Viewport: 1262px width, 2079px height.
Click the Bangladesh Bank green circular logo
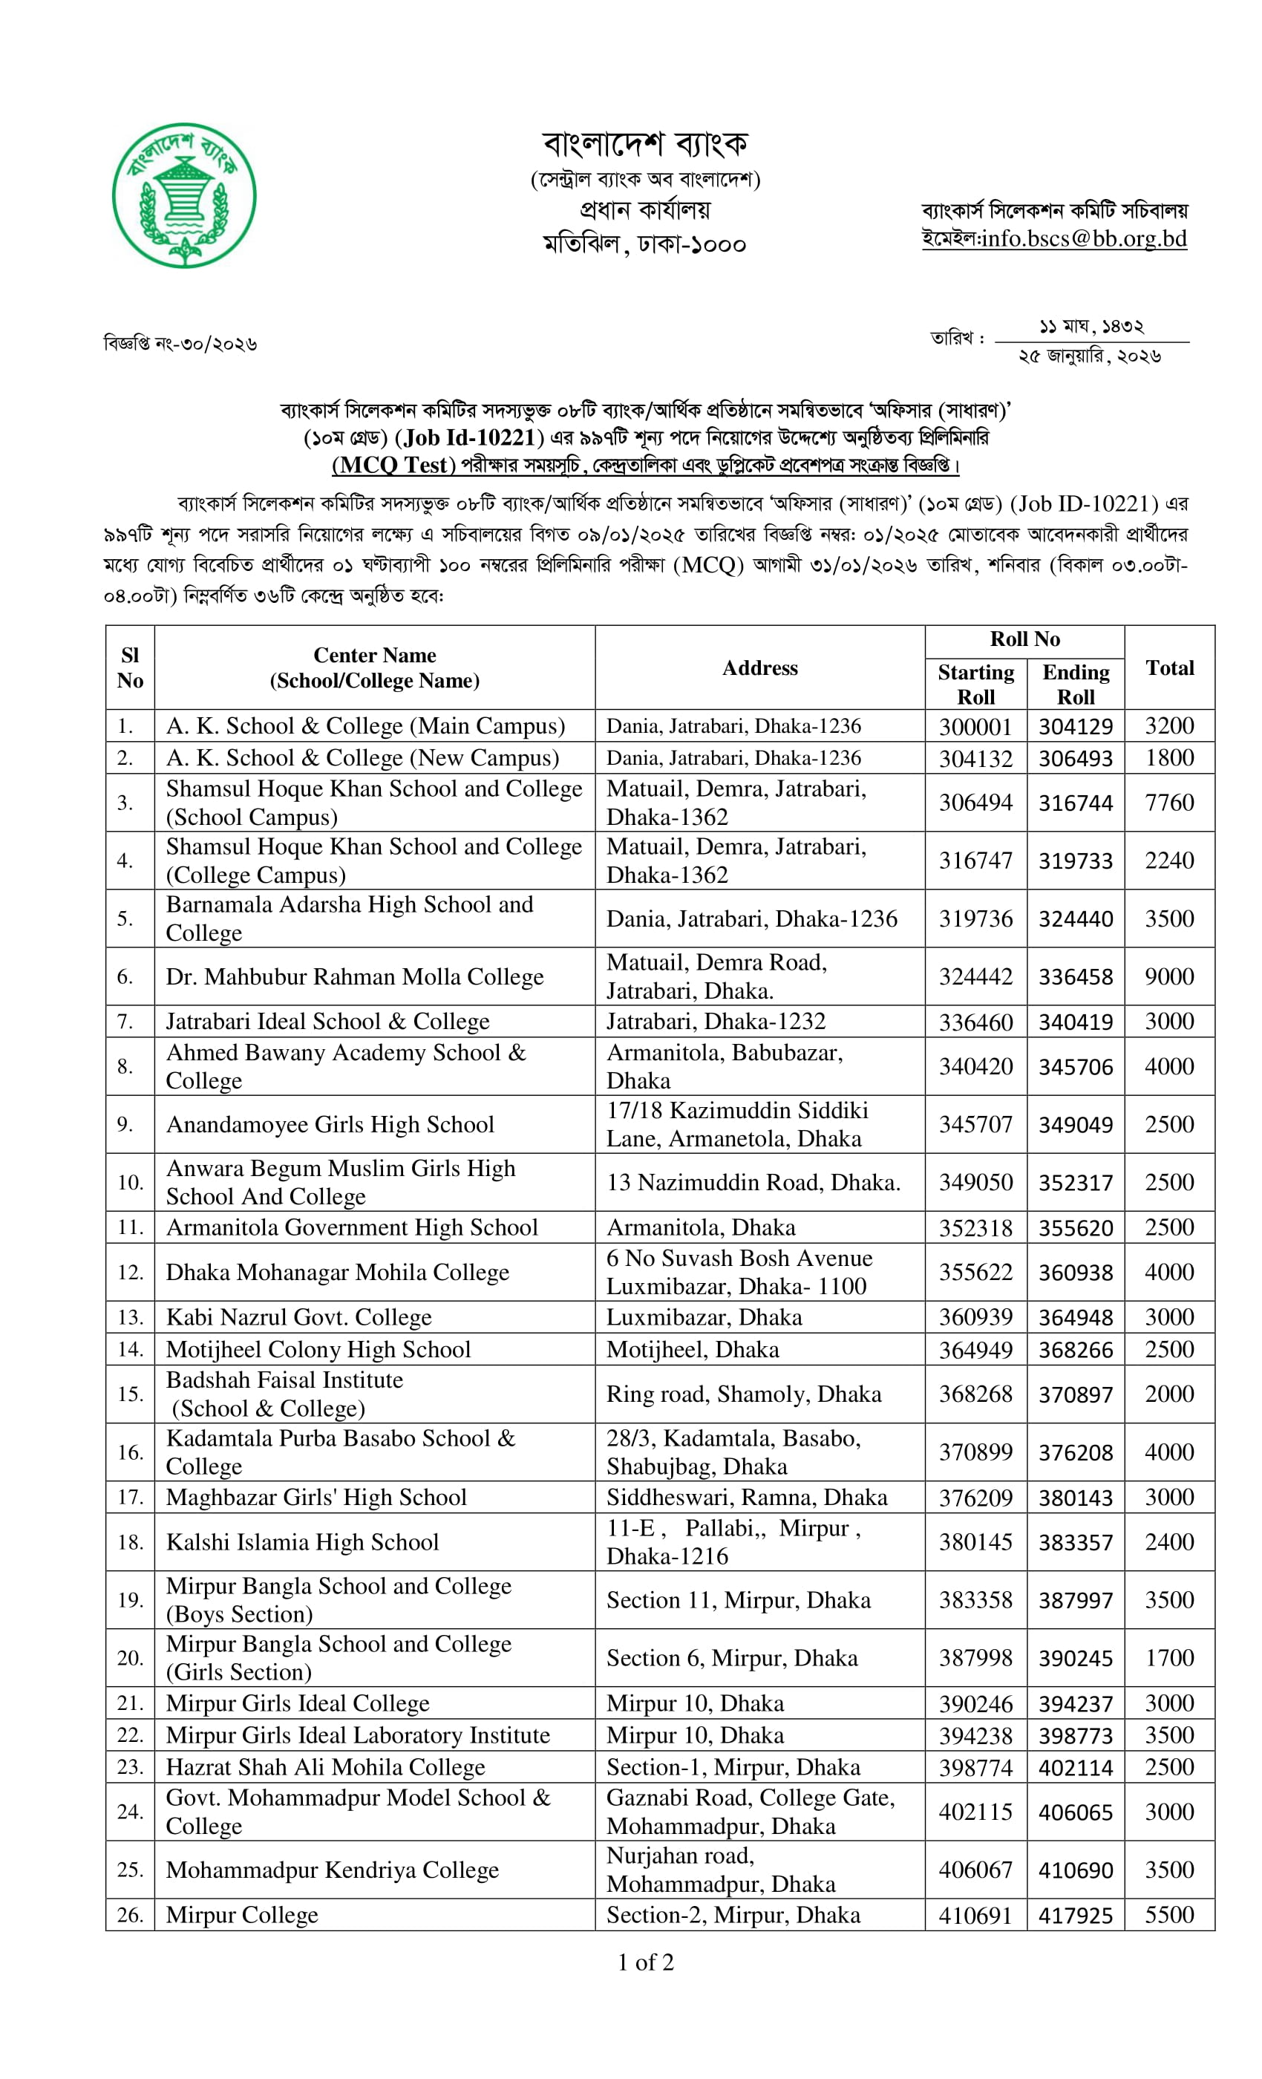[x=184, y=196]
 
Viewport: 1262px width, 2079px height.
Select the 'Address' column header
[x=759, y=668]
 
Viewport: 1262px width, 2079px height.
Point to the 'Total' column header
[x=1169, y=668]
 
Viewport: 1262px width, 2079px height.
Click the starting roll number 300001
[x=975, y=726]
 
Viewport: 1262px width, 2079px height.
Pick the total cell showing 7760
[x=1169, y=803]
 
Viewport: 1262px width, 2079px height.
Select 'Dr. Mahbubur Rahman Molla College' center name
[x=354, y=977]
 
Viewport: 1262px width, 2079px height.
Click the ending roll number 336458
[x=1075, y=977]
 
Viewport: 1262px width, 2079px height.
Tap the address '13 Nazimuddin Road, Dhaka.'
[x=753, y=1183]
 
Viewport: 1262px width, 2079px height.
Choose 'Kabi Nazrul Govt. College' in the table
[x=298, y=1317]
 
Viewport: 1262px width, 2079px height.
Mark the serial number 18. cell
[x=130, y=1542]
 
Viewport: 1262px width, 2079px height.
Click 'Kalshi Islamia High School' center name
[x=302, y=1542]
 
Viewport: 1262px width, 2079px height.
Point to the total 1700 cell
[x=1169, y=1658]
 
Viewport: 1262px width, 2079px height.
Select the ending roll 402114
[x=1075, y=1768]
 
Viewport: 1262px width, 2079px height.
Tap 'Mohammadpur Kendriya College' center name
[x=333, y=1870]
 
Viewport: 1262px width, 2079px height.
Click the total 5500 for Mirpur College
[x=1169, y=1916]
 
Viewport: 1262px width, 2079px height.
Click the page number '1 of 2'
[x=645, y=1963]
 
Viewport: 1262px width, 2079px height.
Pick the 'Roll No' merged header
[x=1024, y=639]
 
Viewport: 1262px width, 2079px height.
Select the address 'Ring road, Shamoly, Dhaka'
[x=743, y=1394]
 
